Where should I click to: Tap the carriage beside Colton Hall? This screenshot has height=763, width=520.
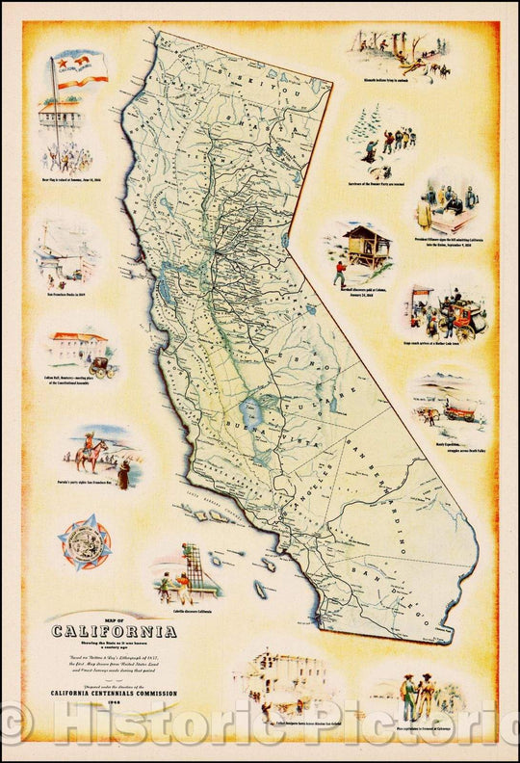[x=100, y=362]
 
